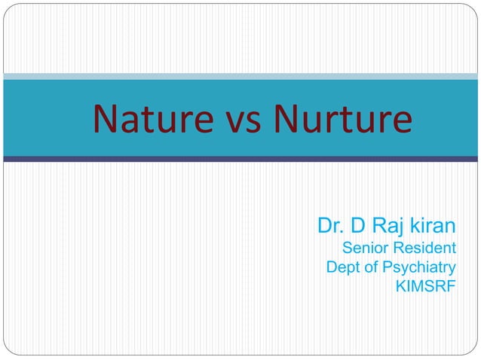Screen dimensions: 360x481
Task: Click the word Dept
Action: pyautogui.click(x=342, y=267)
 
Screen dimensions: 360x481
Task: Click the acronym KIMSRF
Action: pyautogui.click(x=426, y=286)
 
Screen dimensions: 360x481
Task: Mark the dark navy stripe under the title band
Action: pyautogui.click(x=240, y=159)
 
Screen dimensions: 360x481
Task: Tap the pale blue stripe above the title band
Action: pyautogui.click(x=240, y=76)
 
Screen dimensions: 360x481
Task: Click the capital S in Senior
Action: pyautogui.click(x=348, y=248)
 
